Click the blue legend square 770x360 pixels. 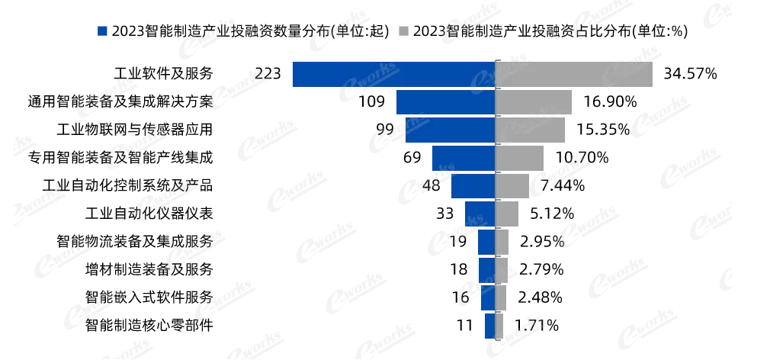point(104,31)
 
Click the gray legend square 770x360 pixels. point(403,31)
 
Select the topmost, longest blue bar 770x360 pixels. point(393,75)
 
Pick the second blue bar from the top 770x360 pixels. point(445,102)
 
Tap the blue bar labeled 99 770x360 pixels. point(449,130)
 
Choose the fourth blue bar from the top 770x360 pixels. point(463,158)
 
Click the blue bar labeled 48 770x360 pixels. point(473,186)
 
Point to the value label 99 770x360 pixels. point(386,130)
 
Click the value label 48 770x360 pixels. point(431,185)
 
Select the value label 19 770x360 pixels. point(457,242)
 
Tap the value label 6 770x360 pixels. point(465,297)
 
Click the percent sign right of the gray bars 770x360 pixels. point(559,242)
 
